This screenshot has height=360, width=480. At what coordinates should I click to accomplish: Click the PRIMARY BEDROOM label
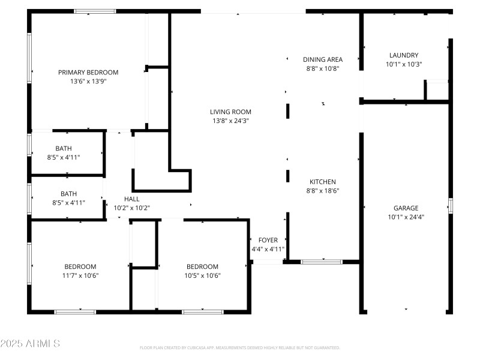tap(88, 72)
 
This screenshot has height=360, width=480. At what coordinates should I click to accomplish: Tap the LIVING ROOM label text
tap(230, 112)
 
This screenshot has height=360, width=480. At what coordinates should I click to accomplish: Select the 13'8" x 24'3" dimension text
tap(230, 121)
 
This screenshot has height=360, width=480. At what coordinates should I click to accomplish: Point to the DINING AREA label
tap(323, 59)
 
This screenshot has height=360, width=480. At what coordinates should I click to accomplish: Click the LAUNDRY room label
tap(404, 55)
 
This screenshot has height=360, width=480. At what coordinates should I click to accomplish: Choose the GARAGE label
tap(406, 208)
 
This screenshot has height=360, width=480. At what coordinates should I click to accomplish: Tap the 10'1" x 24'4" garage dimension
tap(406, 217)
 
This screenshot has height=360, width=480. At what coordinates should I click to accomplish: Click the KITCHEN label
tap(323, 182)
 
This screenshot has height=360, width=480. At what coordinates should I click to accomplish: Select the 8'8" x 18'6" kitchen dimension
tap(323, 191)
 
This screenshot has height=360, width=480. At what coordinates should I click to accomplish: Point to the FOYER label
tap(268, 240)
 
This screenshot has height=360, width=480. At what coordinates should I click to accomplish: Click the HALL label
tap(131, 199)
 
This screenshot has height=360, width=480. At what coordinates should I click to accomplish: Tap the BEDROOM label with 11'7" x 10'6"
tap(80, 266)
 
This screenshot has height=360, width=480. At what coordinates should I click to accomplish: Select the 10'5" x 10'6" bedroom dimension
tap(202, 275)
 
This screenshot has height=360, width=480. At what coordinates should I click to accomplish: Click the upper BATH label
tap(64, 148)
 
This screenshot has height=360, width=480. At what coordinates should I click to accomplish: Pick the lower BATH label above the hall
tap(68, 194)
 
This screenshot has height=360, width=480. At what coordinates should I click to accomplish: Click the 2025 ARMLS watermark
tap(30, 344)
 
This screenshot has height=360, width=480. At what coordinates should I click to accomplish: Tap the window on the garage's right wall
tap(451, 205)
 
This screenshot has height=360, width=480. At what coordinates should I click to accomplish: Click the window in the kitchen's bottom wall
tap(322, 262)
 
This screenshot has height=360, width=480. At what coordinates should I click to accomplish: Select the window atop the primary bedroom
tap(95, 11)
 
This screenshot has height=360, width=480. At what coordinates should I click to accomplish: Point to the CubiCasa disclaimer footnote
tap(240, 347)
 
